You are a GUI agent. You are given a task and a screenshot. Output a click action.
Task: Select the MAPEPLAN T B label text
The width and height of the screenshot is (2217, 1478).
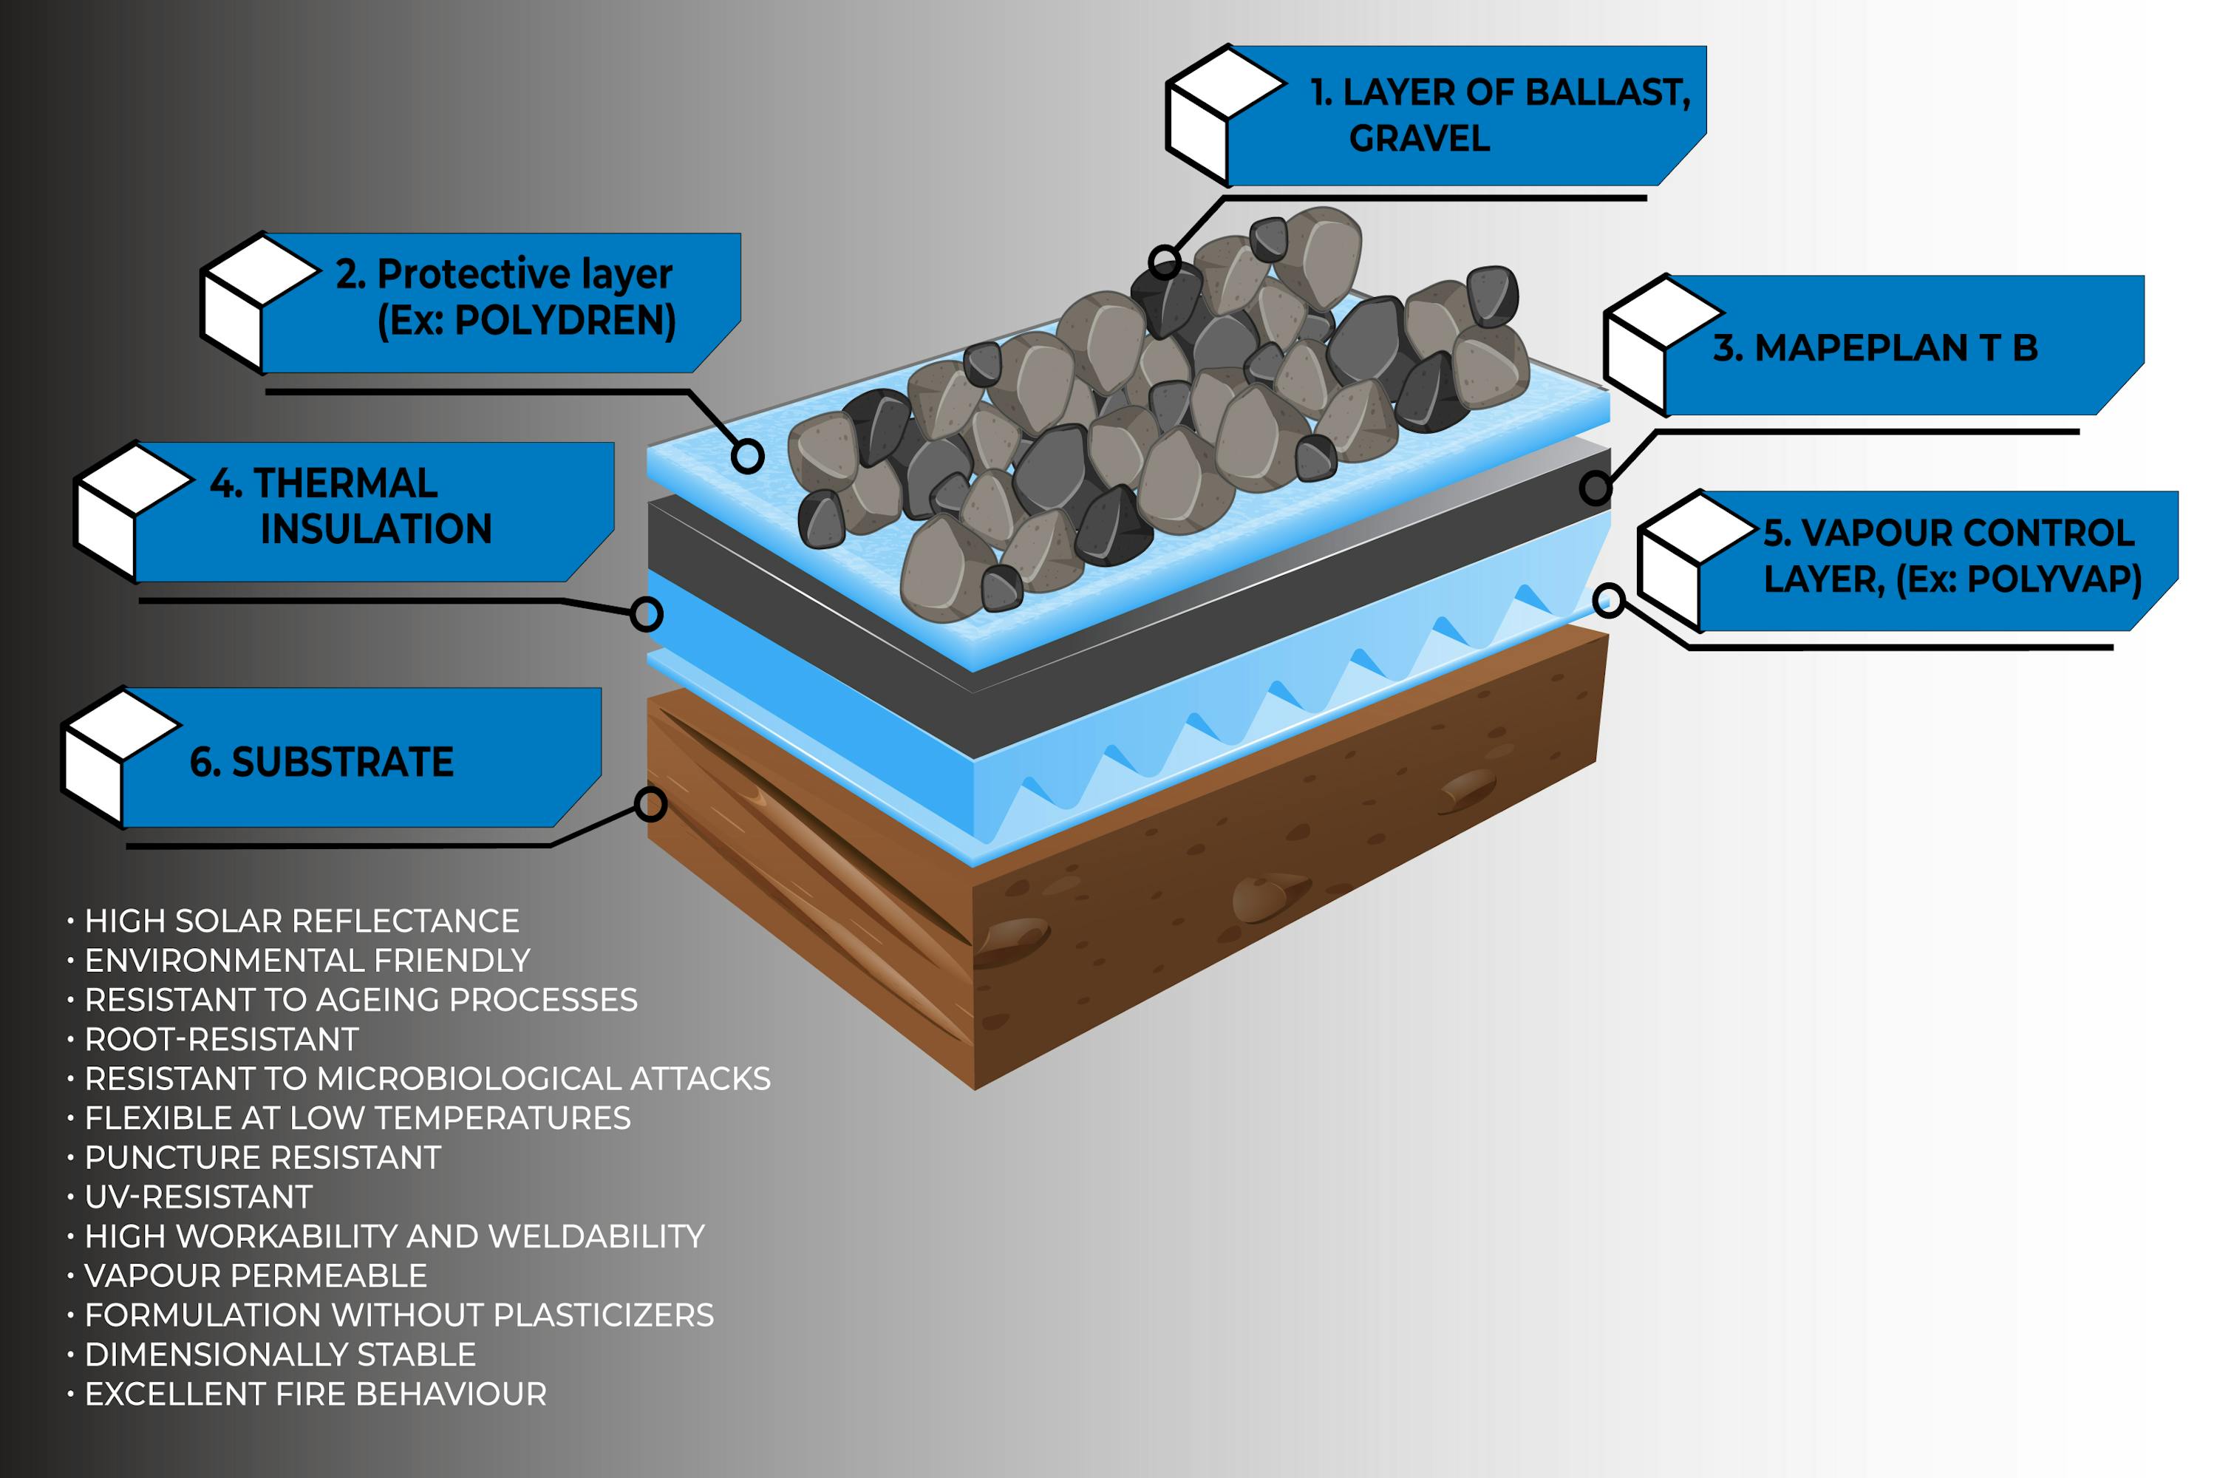click(1875, 349)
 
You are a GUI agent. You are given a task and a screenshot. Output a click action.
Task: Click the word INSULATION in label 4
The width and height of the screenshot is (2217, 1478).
click(376, 530)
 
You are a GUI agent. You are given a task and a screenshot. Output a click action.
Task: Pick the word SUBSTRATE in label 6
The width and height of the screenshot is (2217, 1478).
click(342, 763)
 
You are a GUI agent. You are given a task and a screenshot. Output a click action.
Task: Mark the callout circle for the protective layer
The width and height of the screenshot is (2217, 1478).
click(747, 456)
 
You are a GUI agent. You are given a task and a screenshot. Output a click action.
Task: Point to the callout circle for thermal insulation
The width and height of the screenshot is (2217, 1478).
click(646, 615)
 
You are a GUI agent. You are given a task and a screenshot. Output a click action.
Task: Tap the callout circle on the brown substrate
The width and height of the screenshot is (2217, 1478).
click(650, 804)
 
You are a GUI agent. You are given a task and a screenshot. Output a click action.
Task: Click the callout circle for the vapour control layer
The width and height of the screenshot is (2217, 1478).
click(1608, 599)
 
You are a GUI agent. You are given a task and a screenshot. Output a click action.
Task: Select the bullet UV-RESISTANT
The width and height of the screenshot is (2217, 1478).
click(198, 1196)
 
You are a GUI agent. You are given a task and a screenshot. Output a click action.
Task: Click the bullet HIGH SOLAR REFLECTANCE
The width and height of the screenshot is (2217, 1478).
click(302, 921)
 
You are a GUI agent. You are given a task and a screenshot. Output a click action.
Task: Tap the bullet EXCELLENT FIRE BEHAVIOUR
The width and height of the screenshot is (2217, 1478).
click(315, 1393)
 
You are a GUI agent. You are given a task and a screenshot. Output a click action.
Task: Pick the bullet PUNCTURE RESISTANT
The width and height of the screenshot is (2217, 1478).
click(262, 1157)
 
